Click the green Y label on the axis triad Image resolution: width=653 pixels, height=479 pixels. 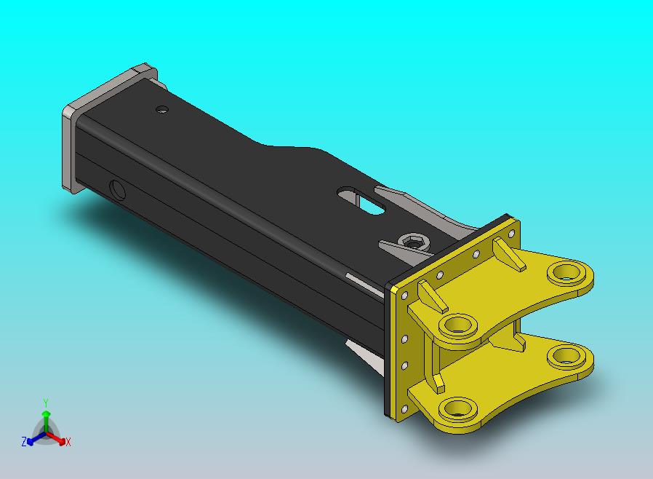tap(46, 403)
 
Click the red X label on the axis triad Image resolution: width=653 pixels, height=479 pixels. tap(68, 442)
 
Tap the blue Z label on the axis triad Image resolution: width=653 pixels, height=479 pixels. tap(24, 441)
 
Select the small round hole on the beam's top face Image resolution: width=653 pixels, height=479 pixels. tap(162, 110)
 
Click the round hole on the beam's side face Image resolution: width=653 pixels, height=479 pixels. tap(118, 190)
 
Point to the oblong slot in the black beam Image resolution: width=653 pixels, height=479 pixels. tap(361, 200)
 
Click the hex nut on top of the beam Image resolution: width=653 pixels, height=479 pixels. tap(413, 242)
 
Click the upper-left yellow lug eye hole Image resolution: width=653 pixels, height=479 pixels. tap(458, 325)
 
